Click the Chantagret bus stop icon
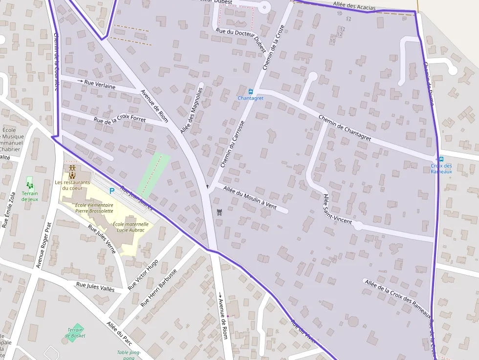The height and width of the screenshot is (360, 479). pos(251,91)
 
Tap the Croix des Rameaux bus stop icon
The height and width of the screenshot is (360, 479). pos(441,159)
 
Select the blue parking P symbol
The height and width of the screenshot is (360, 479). pos(111,191)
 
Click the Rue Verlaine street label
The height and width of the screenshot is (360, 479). pos(100,84)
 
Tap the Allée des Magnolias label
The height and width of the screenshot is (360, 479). pos(191,111)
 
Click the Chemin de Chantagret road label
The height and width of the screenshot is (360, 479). pos(345,128)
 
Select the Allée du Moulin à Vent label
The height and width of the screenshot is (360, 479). pos(250,197)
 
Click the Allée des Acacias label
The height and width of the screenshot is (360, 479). pos(354,5)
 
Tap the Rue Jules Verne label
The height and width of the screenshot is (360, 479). pos(102,239)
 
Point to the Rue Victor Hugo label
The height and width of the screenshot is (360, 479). pos(143,275)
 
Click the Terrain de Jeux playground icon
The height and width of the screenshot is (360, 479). pos(30,185)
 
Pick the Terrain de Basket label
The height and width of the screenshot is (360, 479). pos(75,333)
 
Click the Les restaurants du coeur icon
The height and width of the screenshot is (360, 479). pos(72,172)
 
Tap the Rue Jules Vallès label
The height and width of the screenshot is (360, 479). pos(95,287)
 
